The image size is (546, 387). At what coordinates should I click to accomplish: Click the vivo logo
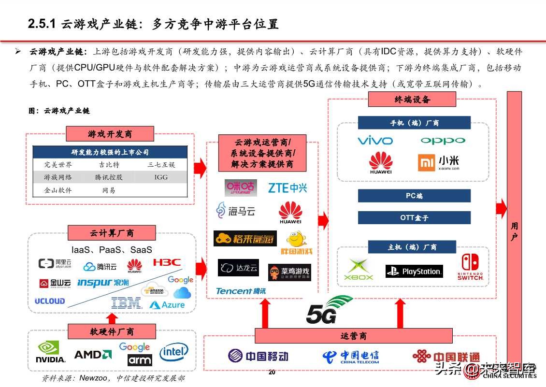pyautogui.click(x=375, y=141)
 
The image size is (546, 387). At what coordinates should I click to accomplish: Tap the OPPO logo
pyautogui.click(x=443, y=141)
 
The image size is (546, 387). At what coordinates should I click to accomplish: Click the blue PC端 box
pyautogui.click(x=414, y=196)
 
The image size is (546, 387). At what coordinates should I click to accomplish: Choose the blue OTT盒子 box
pyautogui.click(x=414, y=217)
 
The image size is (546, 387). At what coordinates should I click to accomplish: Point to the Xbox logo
pyautogui.click(x=358, y=270)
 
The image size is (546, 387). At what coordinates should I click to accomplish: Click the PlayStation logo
pyautogui.click(x=414, y=271)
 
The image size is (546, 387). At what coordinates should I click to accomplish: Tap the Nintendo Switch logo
pyautogui.click(x=470, y=267)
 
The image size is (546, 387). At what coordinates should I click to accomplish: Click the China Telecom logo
pyautogui.click(x=350, y=357)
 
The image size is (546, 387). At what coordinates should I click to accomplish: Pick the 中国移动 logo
pyautogui.click(x=258, y=356)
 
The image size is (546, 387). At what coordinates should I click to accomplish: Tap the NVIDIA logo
pyautogui.click(x=51, y=352)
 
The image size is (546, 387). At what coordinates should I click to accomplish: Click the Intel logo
pyautogui.click(x=173, y=352)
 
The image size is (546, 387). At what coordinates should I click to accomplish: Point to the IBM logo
pyautogui.click(x=126, y=303)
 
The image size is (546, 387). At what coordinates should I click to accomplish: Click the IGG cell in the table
pyautogui.click(x=161, y=177)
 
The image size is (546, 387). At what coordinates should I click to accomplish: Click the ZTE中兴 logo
pyautogui.click(x=287, y=188)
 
